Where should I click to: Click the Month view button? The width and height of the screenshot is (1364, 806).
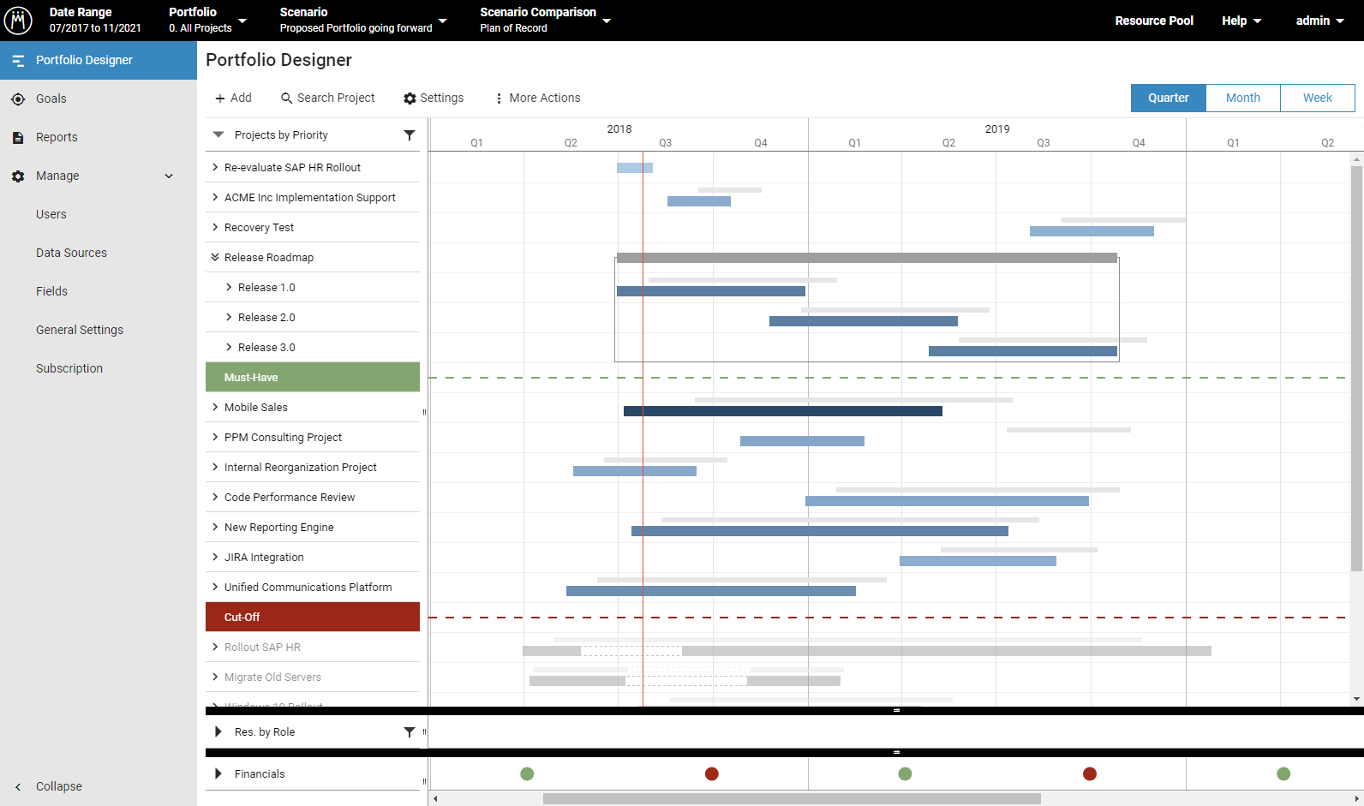point(1242,98)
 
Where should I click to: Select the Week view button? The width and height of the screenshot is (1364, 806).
point(1317,98)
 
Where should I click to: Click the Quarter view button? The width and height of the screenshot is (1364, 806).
point(1168,98)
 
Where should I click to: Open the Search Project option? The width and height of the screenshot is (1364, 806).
point(327,98)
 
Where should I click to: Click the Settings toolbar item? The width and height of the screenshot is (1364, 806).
point(434,98)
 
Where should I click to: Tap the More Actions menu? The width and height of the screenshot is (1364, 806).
point(537,98)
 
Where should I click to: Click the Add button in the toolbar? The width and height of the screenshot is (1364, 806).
point(233,98)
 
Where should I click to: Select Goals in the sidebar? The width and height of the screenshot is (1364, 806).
point(51,99)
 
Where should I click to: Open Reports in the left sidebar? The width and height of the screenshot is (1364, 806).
point(57,137)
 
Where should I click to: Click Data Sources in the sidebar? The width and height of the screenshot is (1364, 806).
point(71,253)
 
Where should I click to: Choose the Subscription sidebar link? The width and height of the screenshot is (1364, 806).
point(69,368)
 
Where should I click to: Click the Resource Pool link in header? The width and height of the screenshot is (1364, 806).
point(1153,21)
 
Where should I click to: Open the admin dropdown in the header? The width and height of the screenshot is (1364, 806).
point(1319,21)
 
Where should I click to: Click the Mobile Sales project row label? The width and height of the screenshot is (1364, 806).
point(255,408)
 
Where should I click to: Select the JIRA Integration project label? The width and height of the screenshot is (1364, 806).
point(264,558)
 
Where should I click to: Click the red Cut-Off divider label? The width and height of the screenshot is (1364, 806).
point(242,618)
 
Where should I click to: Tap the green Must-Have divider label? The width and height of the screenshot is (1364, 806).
point(251,378)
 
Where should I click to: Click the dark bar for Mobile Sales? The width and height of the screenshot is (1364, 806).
point(782,411)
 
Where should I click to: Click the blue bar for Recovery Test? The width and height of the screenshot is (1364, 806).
point(1091,231)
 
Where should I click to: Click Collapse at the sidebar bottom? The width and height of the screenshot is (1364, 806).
point(58,786)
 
